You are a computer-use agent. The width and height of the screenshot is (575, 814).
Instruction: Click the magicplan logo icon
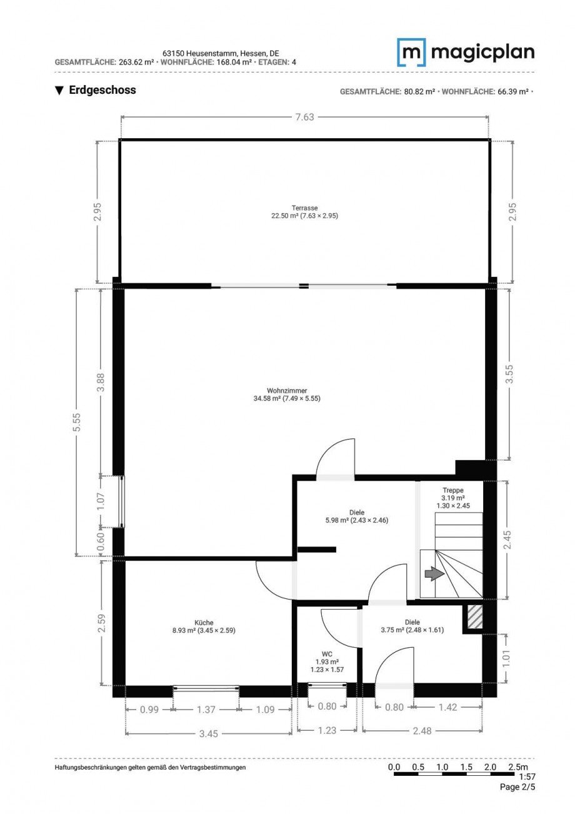[411, 53]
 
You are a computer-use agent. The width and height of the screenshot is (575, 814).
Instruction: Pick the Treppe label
[453, 490]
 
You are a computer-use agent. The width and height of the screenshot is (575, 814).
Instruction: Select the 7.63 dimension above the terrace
[304, 117]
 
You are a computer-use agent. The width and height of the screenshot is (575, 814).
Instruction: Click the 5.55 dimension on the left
[77, 423]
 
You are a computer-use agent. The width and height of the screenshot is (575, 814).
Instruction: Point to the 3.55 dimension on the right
[509, 374]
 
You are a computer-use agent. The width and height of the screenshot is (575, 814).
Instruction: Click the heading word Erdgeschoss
[102, 90]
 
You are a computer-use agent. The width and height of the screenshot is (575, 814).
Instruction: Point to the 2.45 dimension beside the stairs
[507, 540]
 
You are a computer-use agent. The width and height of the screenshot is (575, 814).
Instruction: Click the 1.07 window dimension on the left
[101, 501]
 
